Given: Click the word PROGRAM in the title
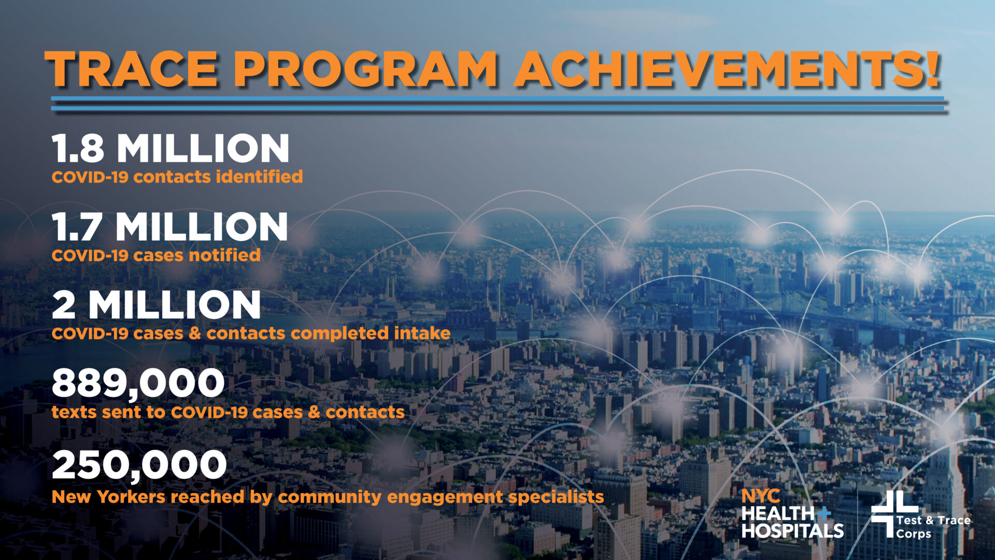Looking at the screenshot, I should click(x=365, y=70).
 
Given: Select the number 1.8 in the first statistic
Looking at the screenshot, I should click(x=78, y=149).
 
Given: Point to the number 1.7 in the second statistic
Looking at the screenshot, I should click(x=76, y=227).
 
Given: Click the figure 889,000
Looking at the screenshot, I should click(x=138, y=384).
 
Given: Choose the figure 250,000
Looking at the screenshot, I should click(x=139, y=465).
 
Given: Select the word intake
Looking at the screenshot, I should click(x=422, y=333).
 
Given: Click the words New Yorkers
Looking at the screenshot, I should click(x=109, y=497).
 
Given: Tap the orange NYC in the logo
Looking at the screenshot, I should click(x=760, y=496).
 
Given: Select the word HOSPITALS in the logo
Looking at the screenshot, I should click(x=792, y=531).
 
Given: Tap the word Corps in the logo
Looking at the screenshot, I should click(x=913, y=534).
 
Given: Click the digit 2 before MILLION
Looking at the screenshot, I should click(x=64, y=305).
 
